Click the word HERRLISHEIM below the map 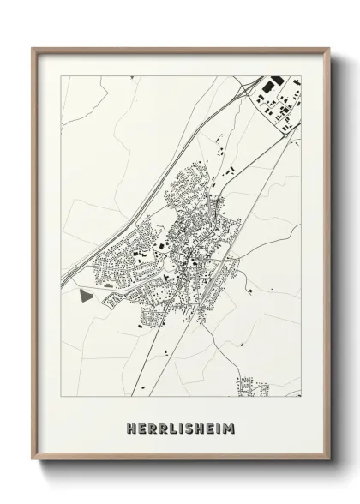[x=181, y=426]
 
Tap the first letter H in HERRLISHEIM [x=129, y=426]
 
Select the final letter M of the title [x=231, y=426]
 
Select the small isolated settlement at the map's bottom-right [x=255, y=387]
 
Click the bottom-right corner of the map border [x=301, y=397]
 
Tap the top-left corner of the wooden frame [x=33, y=48]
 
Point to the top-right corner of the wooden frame [x=329, y=48]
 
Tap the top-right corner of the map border [x=301, y=75]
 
